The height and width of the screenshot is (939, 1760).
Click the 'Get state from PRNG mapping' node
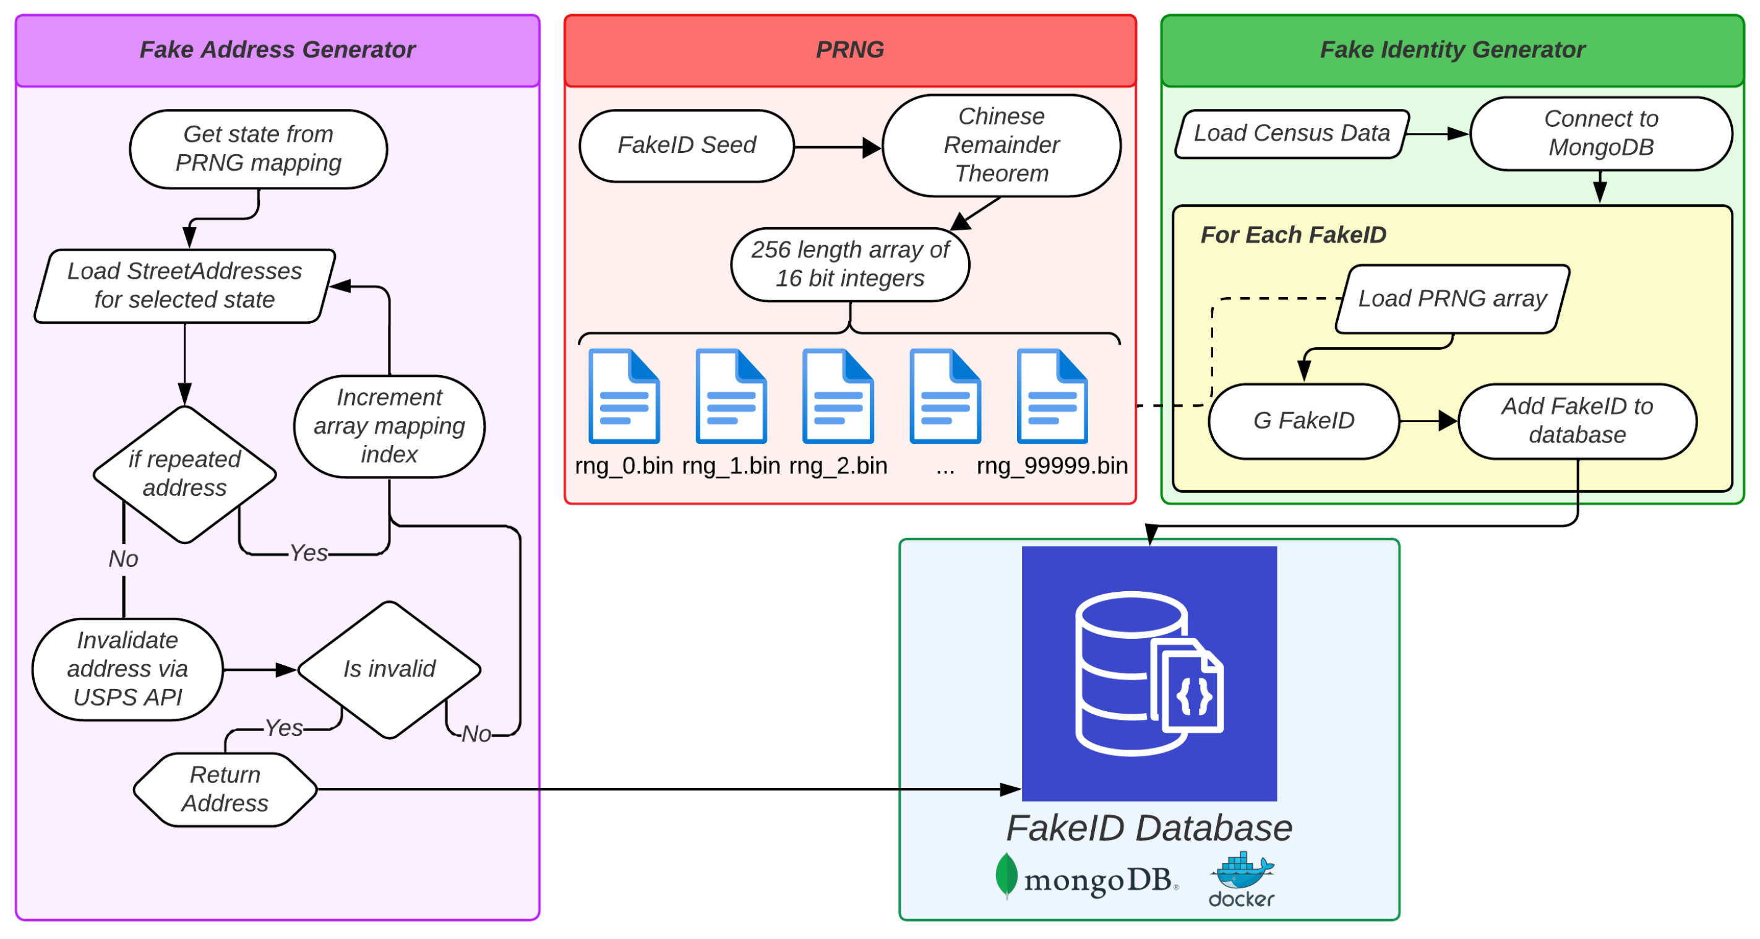258,149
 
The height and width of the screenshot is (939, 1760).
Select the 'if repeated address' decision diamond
184,474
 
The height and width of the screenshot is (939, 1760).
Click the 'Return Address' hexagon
225,789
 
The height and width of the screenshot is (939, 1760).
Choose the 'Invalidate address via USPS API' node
128,669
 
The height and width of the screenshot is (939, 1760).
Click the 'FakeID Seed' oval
687,145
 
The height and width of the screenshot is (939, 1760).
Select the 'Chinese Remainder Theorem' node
1001,145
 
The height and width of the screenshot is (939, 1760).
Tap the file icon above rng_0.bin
624,396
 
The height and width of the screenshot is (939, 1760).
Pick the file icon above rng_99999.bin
1052,396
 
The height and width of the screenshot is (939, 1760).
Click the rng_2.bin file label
838,466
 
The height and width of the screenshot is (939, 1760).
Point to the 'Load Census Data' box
1291,133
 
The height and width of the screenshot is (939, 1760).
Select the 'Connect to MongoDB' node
1601,133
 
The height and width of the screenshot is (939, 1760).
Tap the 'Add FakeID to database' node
1577,421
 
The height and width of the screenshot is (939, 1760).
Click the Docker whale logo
1242,871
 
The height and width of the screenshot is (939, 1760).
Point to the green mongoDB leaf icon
1006,875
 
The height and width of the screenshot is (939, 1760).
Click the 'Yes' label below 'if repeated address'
309,553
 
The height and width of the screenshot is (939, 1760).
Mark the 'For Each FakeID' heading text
1294,235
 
